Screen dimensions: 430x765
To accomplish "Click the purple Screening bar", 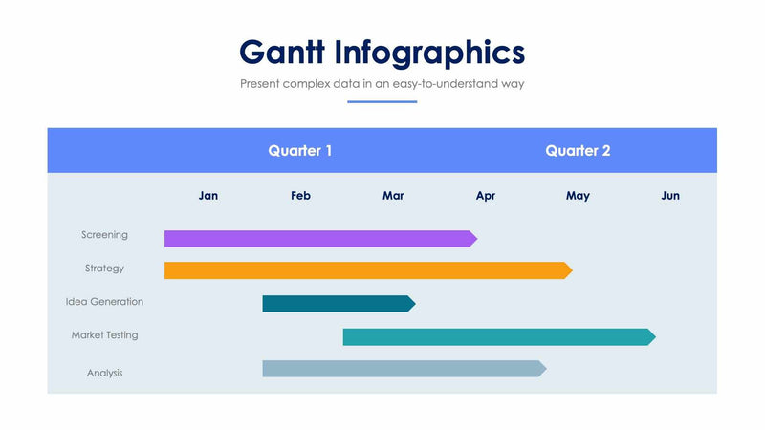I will tap(320, 239).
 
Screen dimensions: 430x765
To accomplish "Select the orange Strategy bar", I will tap(368, 270).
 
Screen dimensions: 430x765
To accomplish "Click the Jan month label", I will tap(208, 196).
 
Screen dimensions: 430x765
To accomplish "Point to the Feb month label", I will tap(300, 196).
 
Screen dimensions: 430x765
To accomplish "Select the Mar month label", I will tap(393, 196).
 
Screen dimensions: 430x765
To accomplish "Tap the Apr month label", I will tap(486, 196).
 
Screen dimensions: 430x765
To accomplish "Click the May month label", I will tap(578, 196).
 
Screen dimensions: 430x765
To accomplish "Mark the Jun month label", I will tap(670, 196).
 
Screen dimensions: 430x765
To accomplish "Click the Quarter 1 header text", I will tap(300, 151).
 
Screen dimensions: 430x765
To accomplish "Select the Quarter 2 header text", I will tap(578, 151).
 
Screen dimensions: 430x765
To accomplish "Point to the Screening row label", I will tap(104, 235).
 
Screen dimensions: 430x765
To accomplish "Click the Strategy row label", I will tap(104, 269).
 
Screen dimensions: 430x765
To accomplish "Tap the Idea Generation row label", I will tap(104, 302).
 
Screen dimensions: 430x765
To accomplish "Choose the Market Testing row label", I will tap(104, 335).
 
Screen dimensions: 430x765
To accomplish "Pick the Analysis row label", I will tap(104, 373).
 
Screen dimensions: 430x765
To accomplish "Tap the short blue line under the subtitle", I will tap(382, 101).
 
